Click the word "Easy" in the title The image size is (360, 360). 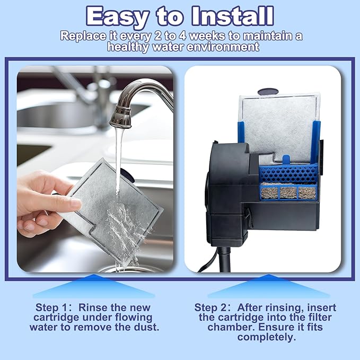point(117,16)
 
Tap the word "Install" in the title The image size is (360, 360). point(232,15)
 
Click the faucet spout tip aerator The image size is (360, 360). point(120,117)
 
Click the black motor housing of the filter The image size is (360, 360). point(230,193)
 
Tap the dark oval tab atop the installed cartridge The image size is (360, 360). point(268,92)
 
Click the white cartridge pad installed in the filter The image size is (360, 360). point(279,128)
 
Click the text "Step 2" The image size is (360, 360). point(209,308)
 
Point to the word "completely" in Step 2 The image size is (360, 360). point(266,337)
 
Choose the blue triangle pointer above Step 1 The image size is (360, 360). point(94,286)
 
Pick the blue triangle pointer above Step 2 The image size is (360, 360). point(269,286)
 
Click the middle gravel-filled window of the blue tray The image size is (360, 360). point(288,192)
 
